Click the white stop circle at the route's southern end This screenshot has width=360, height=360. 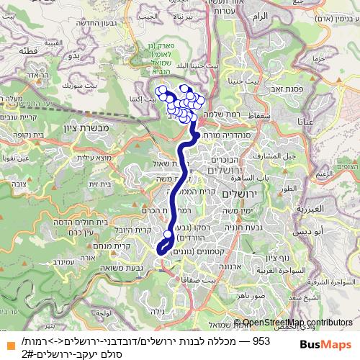pyautogui.click(x=160, y=251)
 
